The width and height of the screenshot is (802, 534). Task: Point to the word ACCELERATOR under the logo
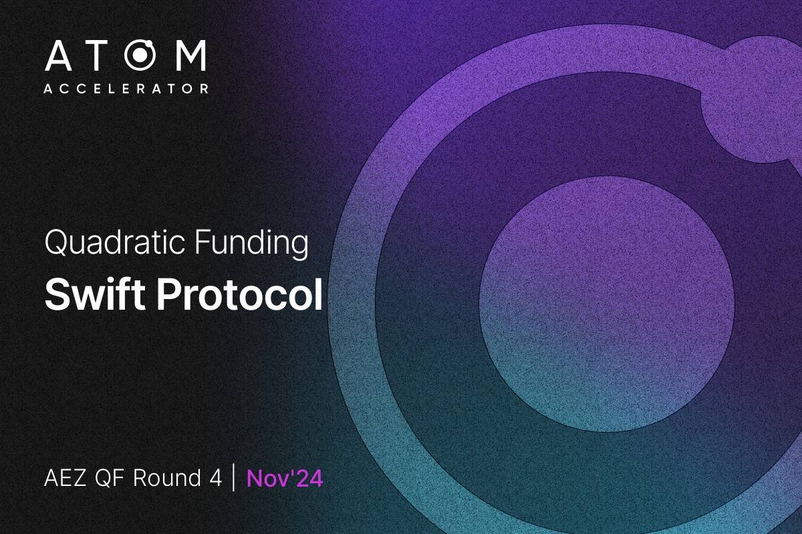pos(126,88)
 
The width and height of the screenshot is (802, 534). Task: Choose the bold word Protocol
pos(240,294)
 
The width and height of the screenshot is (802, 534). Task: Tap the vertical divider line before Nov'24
pos(233,479)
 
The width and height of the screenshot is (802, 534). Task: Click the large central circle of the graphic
pos(607,304)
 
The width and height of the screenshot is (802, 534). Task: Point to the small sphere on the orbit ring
pos(752,100)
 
